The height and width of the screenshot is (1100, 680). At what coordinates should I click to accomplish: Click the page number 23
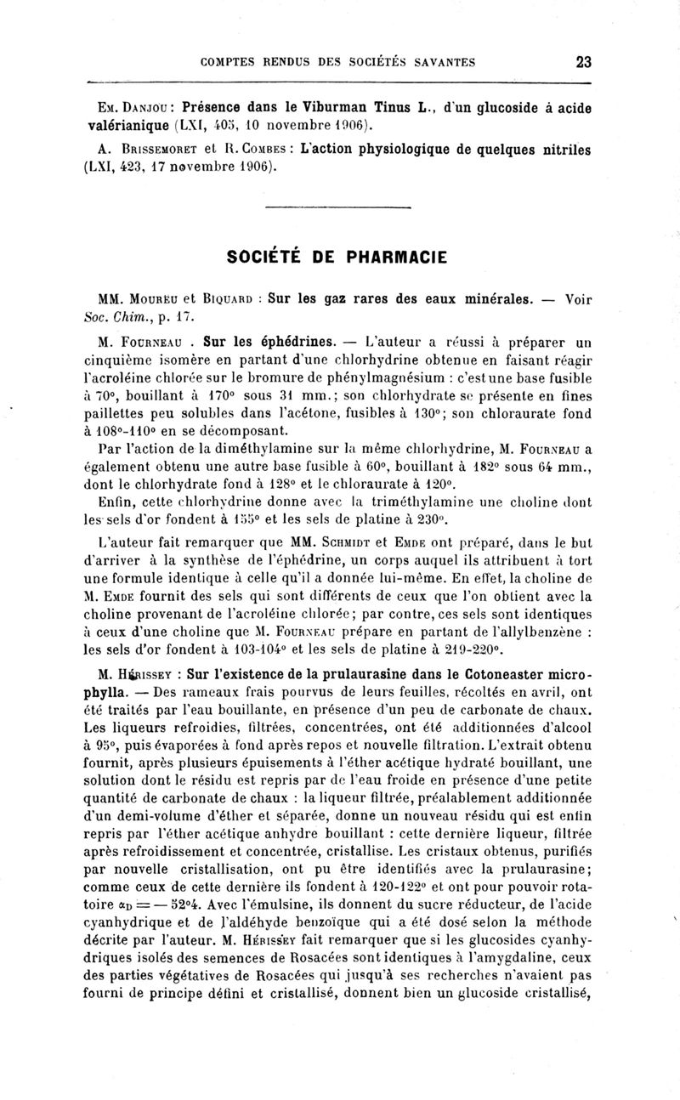[x=583, y=61]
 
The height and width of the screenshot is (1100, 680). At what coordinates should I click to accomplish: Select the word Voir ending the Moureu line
[x=578, y=298]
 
